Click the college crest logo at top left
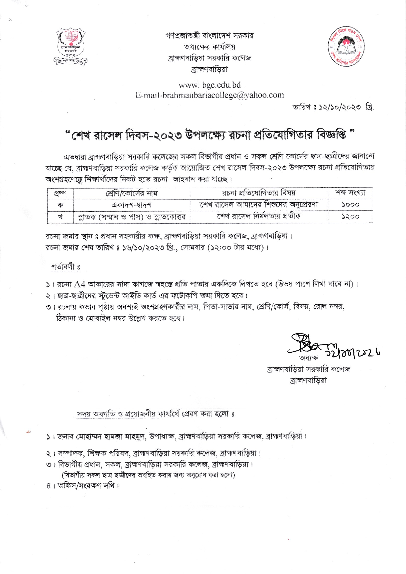(x=70, y=46)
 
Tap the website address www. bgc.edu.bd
(x=210, y=85)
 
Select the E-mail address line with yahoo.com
(x=210, y=95)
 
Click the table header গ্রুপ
(x=60, y=193)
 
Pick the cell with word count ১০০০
(x=350, y=205)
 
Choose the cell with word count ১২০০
(x=350, y=217)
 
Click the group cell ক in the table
(x=60, y=205)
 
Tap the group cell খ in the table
(x=60, y=217)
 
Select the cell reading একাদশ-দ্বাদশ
(x=132, y=205)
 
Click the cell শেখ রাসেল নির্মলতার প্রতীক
(x=259, y=216)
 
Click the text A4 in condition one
(x=80, y=284)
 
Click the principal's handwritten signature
(x=308, y=344)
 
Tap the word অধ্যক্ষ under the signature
(x=308, y=358)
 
